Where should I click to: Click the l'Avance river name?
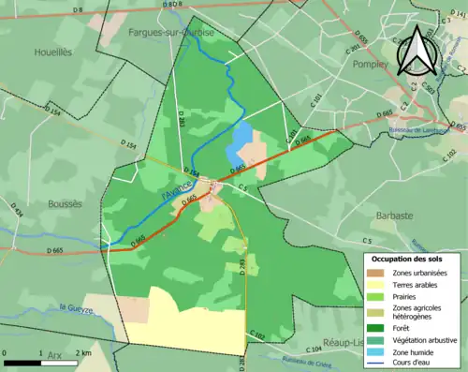click(177, 188)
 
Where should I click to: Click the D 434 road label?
click(18, 225)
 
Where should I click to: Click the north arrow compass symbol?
click(417, 52)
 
